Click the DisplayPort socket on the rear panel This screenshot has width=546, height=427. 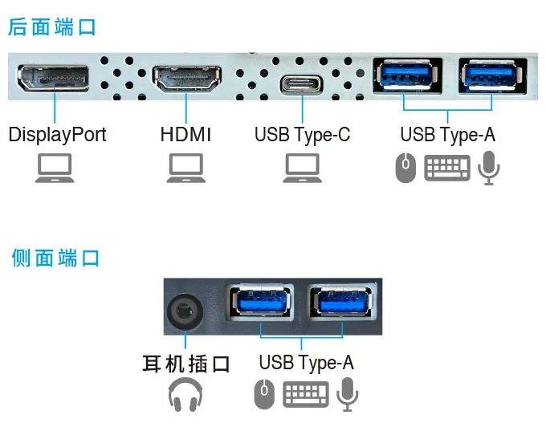54,79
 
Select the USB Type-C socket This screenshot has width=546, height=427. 302,83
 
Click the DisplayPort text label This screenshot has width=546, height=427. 57,134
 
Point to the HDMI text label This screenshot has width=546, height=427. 185,134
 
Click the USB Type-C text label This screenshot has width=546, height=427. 303,134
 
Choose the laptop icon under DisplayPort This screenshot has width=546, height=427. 55,169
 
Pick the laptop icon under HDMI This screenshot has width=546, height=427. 185,169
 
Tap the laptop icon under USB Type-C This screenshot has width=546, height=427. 303,169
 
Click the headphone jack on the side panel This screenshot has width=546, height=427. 185,310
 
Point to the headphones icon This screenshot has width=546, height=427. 185,395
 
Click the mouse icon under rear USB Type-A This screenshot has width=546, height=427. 406,169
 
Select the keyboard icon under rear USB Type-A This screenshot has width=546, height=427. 447,169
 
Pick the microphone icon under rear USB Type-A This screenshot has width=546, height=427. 488,169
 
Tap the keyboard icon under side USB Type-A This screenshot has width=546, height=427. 306,393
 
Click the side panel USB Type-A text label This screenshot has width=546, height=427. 306,363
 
